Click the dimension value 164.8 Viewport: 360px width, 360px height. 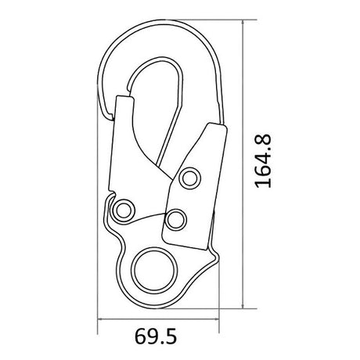[x=263, y=161]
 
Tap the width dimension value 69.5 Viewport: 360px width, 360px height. [x=156, y=337]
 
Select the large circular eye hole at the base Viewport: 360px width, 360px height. [x=154, y=271]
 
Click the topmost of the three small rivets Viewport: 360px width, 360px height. [x=190, y=178]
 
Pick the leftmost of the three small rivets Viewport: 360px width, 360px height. [x=122, y=210]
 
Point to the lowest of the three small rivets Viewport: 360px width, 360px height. [x=175, y=220]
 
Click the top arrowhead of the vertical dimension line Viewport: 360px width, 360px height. [x=243, y=22]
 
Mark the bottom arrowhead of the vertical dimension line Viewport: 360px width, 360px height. [x=243, y=306]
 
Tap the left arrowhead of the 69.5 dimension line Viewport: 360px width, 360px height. [x=100, y=319]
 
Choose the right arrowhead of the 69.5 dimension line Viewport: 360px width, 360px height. [x=216, y=319]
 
